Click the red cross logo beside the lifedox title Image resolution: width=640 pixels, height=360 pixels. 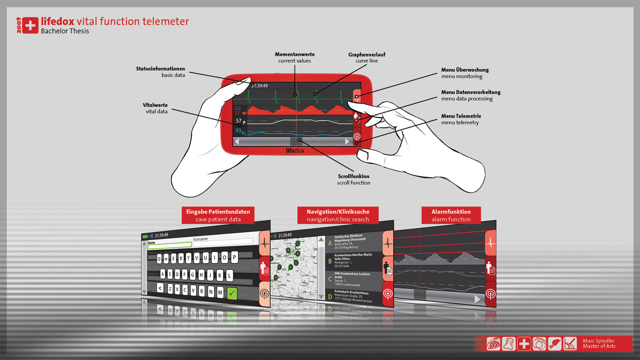click(x=30, y=26)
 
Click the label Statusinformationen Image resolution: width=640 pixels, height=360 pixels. click(x=160, y=69)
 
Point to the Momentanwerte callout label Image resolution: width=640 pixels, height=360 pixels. click(x=294, y=54)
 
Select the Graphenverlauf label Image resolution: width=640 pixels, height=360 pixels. click(x=366, y=54)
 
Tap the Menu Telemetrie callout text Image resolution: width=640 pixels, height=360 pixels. click(x=461, y=116)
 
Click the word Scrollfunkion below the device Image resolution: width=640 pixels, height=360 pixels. click(x=353, y=176)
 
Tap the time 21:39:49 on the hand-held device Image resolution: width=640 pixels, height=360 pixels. click(x=260, y=86)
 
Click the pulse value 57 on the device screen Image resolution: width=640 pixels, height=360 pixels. click(x=239, y=121)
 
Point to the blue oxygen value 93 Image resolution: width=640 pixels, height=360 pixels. click(x=238, y=130)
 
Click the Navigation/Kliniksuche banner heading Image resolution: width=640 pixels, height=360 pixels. click(x=338, y=212)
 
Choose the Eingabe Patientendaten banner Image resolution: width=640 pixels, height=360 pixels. click(x=218, y=212)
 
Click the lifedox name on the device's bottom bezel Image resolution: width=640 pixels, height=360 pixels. click(x=295, y=150)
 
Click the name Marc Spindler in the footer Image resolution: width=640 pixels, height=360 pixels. click(x=598, y=341)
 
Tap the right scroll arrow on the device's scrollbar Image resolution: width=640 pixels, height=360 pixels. click(x=347, y=142)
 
